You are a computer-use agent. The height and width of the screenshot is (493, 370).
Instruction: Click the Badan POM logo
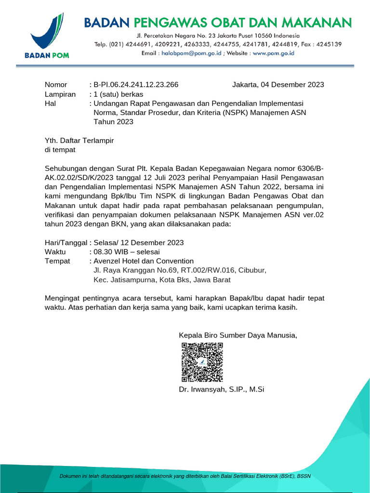click(47, 36)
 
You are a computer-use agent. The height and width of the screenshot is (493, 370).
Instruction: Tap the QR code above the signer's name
click(202, 362)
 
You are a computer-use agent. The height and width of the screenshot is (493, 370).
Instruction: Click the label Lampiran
click(60, 94)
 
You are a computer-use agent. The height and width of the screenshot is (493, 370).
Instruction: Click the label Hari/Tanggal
click(66, 243)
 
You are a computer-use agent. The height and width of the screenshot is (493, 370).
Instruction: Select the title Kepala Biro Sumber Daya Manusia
click(238, 335)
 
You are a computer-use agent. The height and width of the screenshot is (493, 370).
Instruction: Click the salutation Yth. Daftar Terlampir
click(79, 140)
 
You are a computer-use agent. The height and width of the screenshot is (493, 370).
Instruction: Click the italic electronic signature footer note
click(185, 476)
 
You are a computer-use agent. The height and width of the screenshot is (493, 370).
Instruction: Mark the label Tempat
click(57, 261)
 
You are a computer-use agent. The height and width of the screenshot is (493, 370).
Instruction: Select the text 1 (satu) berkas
click(119, 94)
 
